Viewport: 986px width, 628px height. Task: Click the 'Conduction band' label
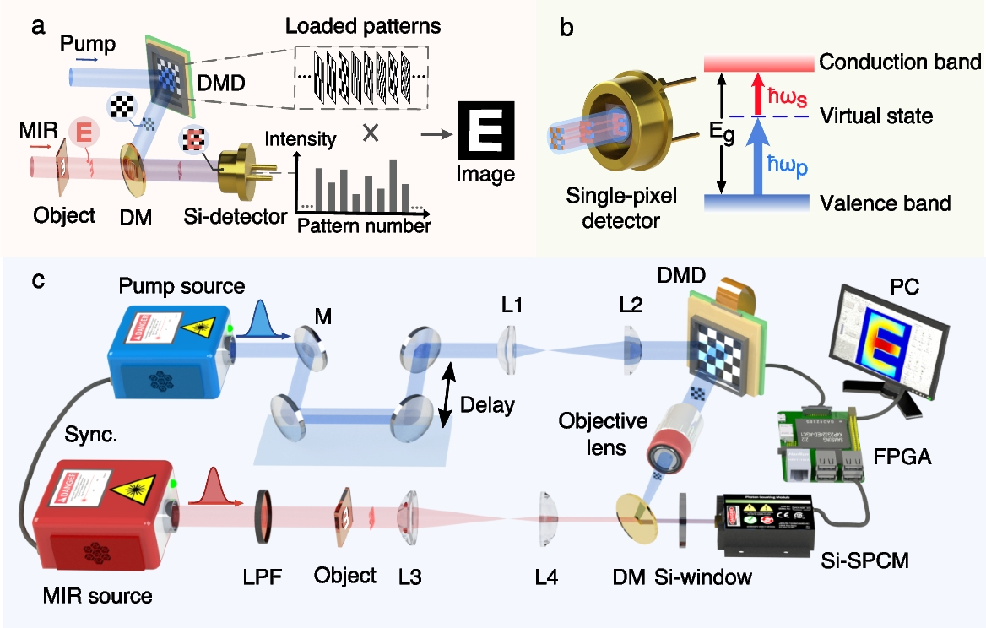900,62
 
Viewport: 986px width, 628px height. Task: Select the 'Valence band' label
886,203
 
